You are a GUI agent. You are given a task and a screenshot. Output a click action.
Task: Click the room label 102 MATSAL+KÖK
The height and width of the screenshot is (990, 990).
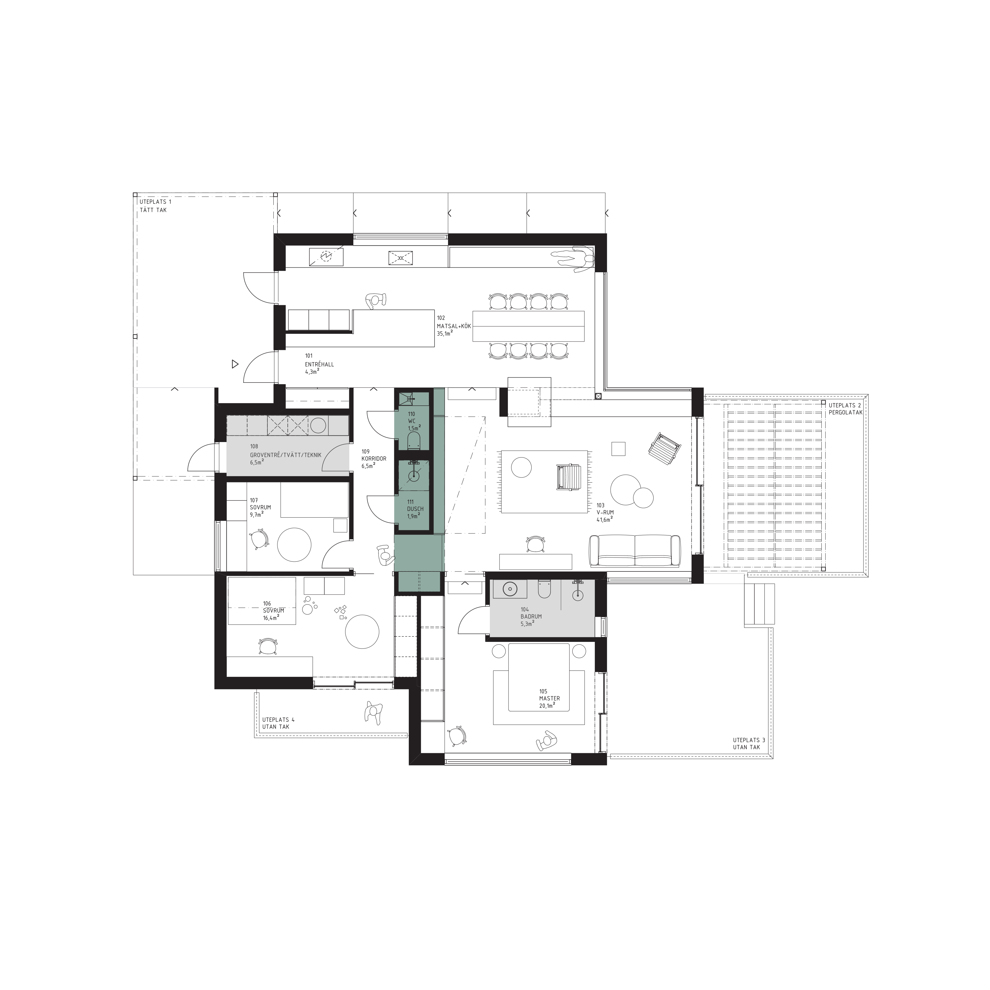[x=453, y=326]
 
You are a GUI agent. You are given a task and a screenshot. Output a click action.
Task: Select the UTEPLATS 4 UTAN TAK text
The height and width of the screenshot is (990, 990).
[x=278, y=723]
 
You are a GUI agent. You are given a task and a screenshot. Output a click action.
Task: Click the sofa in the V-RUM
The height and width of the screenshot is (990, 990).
[x=635, y=551]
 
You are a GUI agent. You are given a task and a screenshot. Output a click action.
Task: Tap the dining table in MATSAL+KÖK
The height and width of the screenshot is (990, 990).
[x=528, y=326]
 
